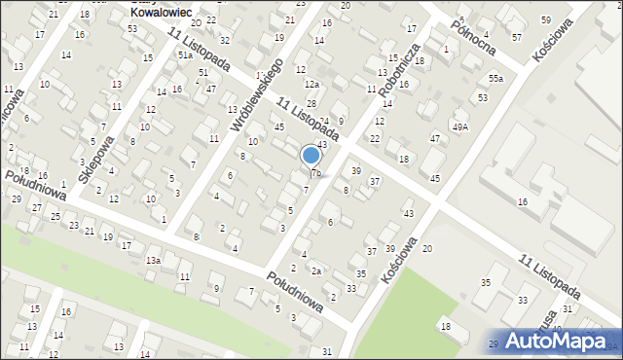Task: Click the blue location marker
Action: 311,156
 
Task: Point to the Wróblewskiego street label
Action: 256,95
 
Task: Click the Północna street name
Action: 471,33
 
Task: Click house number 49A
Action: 459,126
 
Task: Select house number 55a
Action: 496,78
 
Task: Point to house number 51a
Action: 185,55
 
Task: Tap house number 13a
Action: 153,261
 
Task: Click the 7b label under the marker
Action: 315,173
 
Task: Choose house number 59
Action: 545,19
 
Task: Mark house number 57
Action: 516,37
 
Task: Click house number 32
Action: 225,40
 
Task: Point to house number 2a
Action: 315,270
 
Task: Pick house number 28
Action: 311,103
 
